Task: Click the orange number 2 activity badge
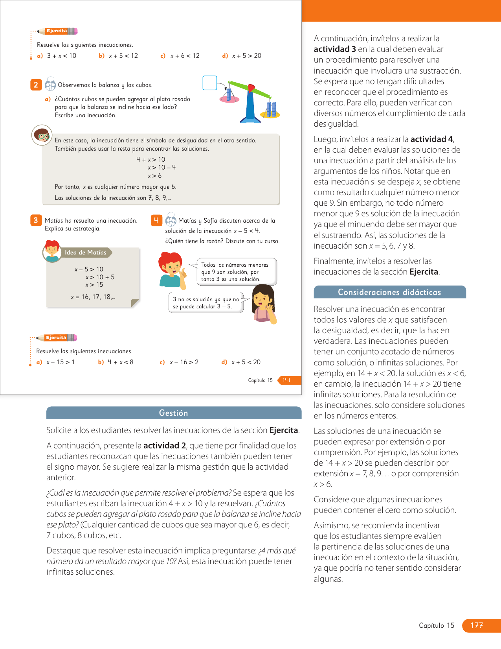[x=36, y=85]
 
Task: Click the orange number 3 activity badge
[x=36, y=220]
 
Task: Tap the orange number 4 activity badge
[x=156, y=220]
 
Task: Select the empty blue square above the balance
[x=210, y=83]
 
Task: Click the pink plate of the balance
[x=229, y=100]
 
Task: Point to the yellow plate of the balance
[x=270, y=115]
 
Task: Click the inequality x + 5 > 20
[x=246, y=56]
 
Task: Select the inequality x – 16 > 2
[x=184, y=362]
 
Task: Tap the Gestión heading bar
[x=174, y=413]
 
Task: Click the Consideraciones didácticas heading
[x=389, y=292]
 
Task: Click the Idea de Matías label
[x=85, y=253]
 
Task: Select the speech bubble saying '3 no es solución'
[x=206, y=303]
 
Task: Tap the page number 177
[x=477, y=625]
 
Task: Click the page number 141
[x=286, y=380]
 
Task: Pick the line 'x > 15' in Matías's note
[x=94, y=285]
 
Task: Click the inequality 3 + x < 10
[x=62, y=56]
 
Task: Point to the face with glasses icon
[x=42, y=135]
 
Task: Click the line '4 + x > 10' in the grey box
[x=151, y=160]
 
